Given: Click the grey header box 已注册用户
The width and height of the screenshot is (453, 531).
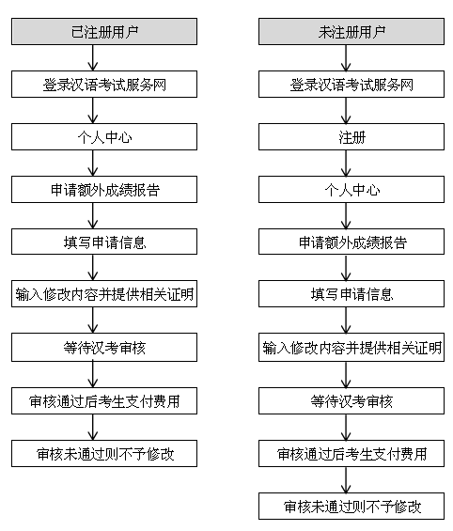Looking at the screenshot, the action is click(x=104, y=32).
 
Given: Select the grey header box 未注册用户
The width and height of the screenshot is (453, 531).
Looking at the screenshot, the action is click(x=351, y=32).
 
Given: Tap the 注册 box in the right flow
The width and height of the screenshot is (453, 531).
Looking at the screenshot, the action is click(x=351, y=137).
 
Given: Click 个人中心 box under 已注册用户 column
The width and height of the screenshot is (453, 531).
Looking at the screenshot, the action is click(x=104, y=137).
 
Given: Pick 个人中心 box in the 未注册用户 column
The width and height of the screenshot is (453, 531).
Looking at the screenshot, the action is click(x=351, y=189).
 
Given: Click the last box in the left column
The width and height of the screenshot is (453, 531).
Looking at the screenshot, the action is click(x=104, y=453).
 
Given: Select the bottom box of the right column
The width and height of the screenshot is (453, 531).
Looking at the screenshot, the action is click(x=351, y=507).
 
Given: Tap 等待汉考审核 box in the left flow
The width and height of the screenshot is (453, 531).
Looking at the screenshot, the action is click(x=104, y=347).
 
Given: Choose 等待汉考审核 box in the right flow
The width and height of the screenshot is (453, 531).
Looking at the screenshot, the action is click(x=351, y=401).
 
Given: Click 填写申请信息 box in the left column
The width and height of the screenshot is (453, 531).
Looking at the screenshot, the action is click(x=104, y=242).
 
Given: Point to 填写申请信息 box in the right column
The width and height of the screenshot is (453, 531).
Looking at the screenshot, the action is click(x=351, y=293).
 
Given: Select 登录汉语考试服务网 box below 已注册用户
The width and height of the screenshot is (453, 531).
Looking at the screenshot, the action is click(x=104, y=84).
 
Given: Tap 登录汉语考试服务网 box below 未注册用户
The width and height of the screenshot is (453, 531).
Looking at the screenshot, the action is click(x=351, y=84).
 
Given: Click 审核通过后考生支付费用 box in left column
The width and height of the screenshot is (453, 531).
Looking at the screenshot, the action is click(x=104, y=401).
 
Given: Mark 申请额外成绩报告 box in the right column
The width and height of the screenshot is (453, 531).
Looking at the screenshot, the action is click(x=351, y=242).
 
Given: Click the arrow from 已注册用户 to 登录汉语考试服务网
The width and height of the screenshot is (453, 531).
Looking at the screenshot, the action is click(x=93, y=58).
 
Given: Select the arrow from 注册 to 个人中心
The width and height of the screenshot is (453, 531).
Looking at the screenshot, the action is click(x=346, y=164).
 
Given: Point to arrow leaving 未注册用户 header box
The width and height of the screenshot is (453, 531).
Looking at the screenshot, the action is click(x=346, y=58).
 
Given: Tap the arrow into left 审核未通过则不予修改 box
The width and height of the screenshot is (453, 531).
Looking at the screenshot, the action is click(x=93, y=428).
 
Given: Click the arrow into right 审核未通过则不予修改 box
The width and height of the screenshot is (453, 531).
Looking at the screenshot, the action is click(x=346, y=480).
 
